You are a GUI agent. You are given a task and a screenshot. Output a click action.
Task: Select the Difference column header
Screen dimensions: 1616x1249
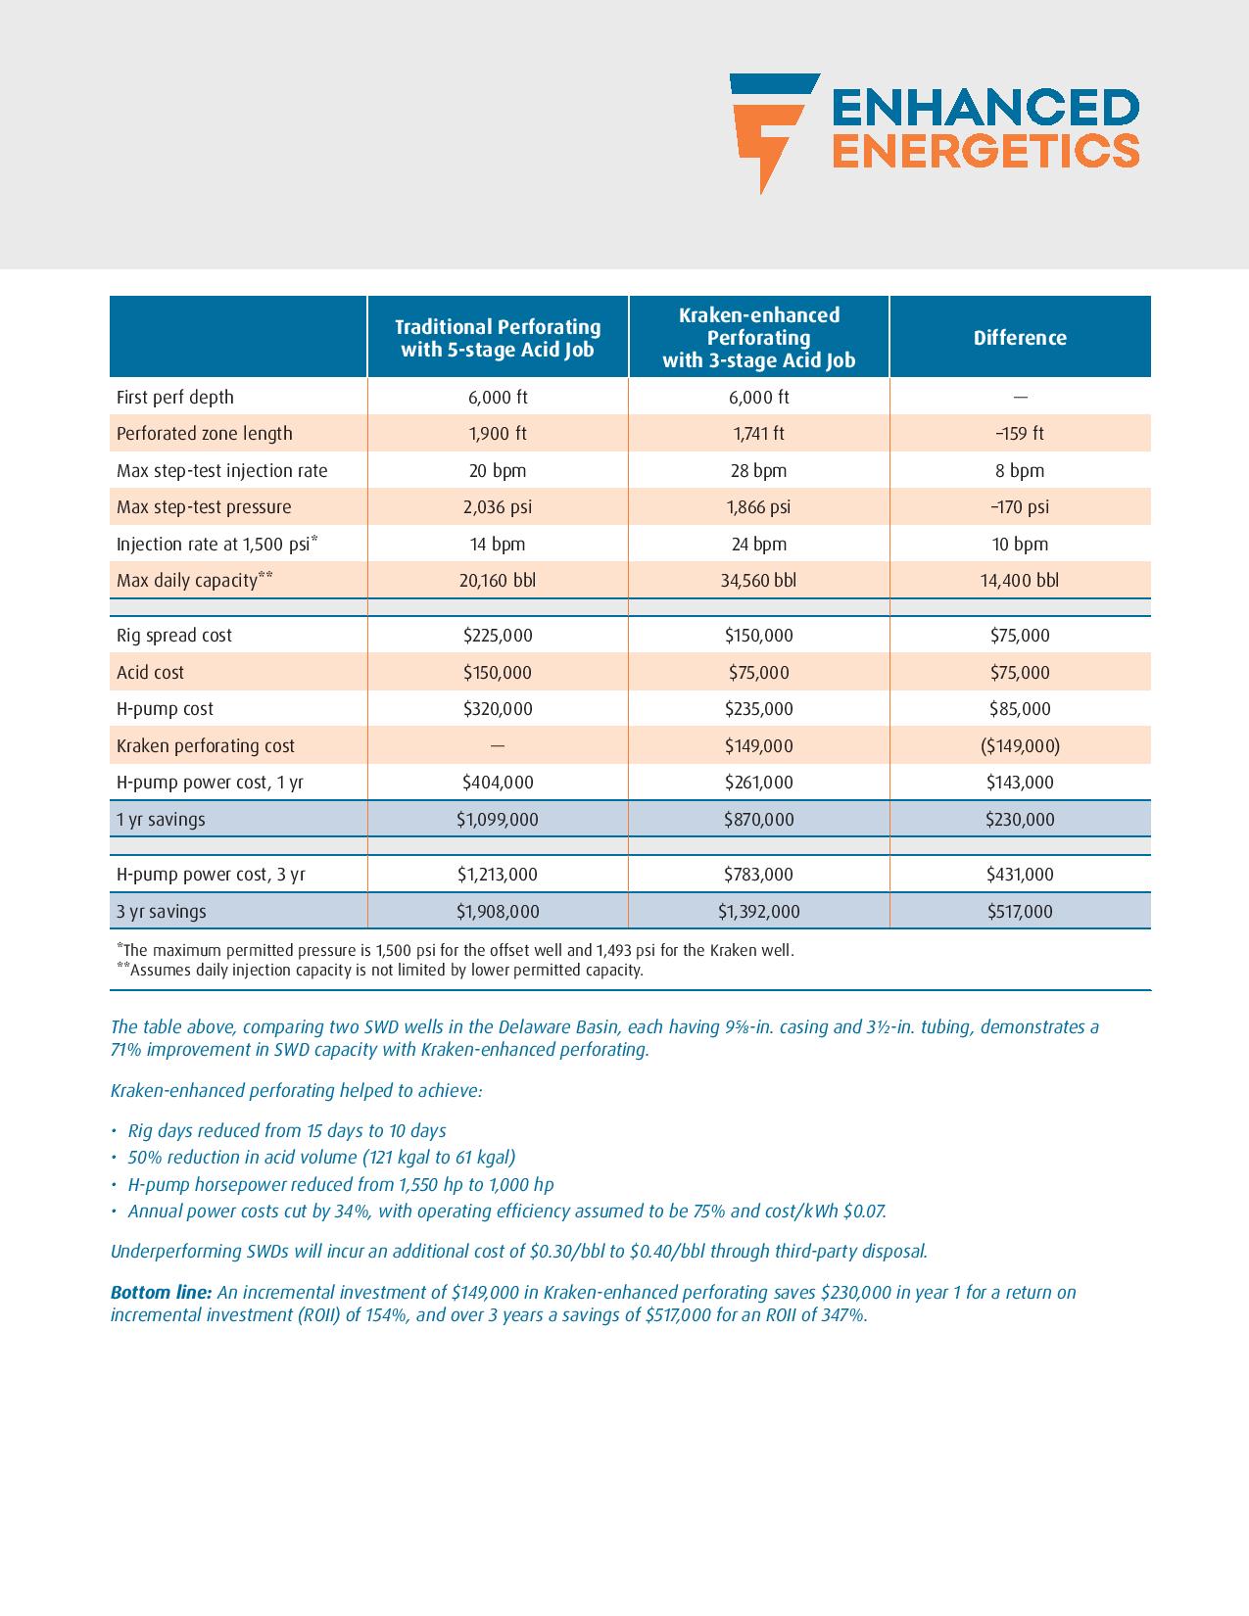pyautogui.click(x=1020, y=338)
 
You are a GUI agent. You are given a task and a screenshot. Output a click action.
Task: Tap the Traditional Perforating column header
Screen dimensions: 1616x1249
pyautogui.click(x=498, y=338)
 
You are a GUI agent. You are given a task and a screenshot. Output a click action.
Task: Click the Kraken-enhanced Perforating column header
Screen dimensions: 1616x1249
pyautogui.click(x=758, y=338)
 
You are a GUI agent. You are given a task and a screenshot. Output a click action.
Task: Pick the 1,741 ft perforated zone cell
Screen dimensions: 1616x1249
pyautogui.click(x=758, y=434)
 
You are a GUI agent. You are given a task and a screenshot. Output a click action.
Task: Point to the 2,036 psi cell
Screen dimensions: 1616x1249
pyautogui.click(x=498, y=507)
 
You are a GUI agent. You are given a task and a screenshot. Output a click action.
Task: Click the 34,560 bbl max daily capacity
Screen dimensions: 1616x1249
pyautogui.click(x=758, y=581)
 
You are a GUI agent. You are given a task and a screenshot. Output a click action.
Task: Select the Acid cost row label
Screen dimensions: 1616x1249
pyautogui.click(x=150, y=673)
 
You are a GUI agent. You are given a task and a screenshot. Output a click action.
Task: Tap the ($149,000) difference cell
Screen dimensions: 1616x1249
pyautogui.click(x=1020, y=746)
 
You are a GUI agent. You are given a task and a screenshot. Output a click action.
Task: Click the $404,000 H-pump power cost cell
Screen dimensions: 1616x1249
pyautogui.click(x=498, y=783)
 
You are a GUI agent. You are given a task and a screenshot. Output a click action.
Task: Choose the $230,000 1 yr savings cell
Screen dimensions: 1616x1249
pyautogui.click(x=1020, y=820)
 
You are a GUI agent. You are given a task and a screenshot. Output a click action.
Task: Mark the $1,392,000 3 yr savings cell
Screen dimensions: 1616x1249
pyautogui.click(x=758, y=912)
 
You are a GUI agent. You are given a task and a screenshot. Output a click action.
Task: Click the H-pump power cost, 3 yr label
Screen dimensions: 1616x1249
pyautogui.click(x=211, y=875)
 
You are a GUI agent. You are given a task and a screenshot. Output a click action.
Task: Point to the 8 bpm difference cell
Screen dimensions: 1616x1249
pyautogui.click(x=1020, y=471)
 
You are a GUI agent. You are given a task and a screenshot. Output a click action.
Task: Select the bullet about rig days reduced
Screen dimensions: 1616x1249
pyautogui.click(x=286, y=1131)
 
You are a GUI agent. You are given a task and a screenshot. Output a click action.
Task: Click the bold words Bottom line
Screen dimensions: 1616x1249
pyautogui.click(x=161, y=1293)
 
